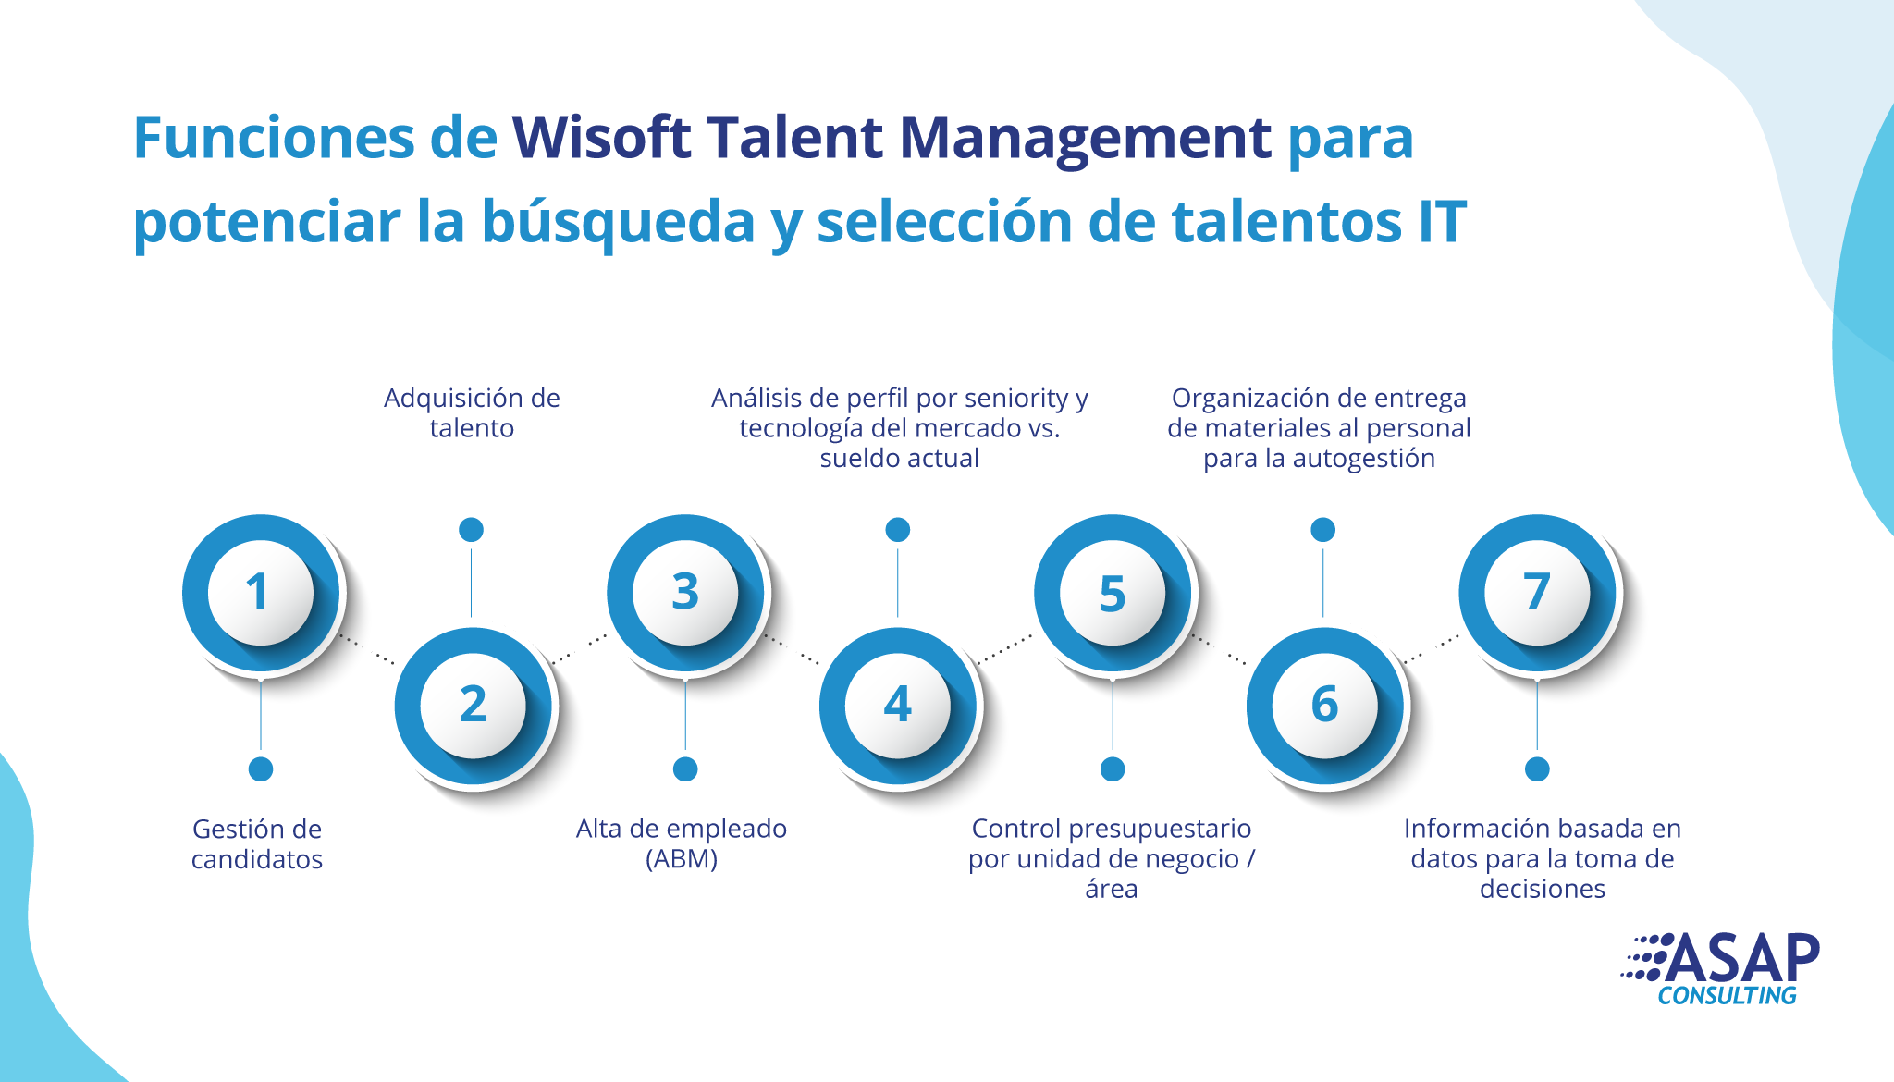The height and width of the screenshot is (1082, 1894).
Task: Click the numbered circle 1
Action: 261,593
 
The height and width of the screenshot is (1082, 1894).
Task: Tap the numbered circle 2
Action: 473,706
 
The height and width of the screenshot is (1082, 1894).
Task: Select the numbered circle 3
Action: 685,593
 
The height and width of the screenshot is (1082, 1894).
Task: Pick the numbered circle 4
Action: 898,706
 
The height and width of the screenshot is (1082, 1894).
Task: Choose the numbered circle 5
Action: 1113,593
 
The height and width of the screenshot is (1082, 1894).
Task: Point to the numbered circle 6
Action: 1325,706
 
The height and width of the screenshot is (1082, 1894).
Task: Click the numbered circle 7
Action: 1537,593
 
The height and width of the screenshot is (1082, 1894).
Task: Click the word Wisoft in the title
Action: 601,138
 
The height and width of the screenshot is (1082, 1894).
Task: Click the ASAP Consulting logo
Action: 1720,968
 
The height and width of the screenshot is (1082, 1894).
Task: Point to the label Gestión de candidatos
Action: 257,843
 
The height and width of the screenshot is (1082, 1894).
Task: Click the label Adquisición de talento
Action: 472,412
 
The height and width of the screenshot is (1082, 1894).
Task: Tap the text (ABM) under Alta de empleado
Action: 682,859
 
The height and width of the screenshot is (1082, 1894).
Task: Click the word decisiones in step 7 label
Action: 1543,889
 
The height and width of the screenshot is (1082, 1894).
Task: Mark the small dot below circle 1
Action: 261,768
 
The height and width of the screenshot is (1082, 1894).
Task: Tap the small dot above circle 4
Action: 898,530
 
